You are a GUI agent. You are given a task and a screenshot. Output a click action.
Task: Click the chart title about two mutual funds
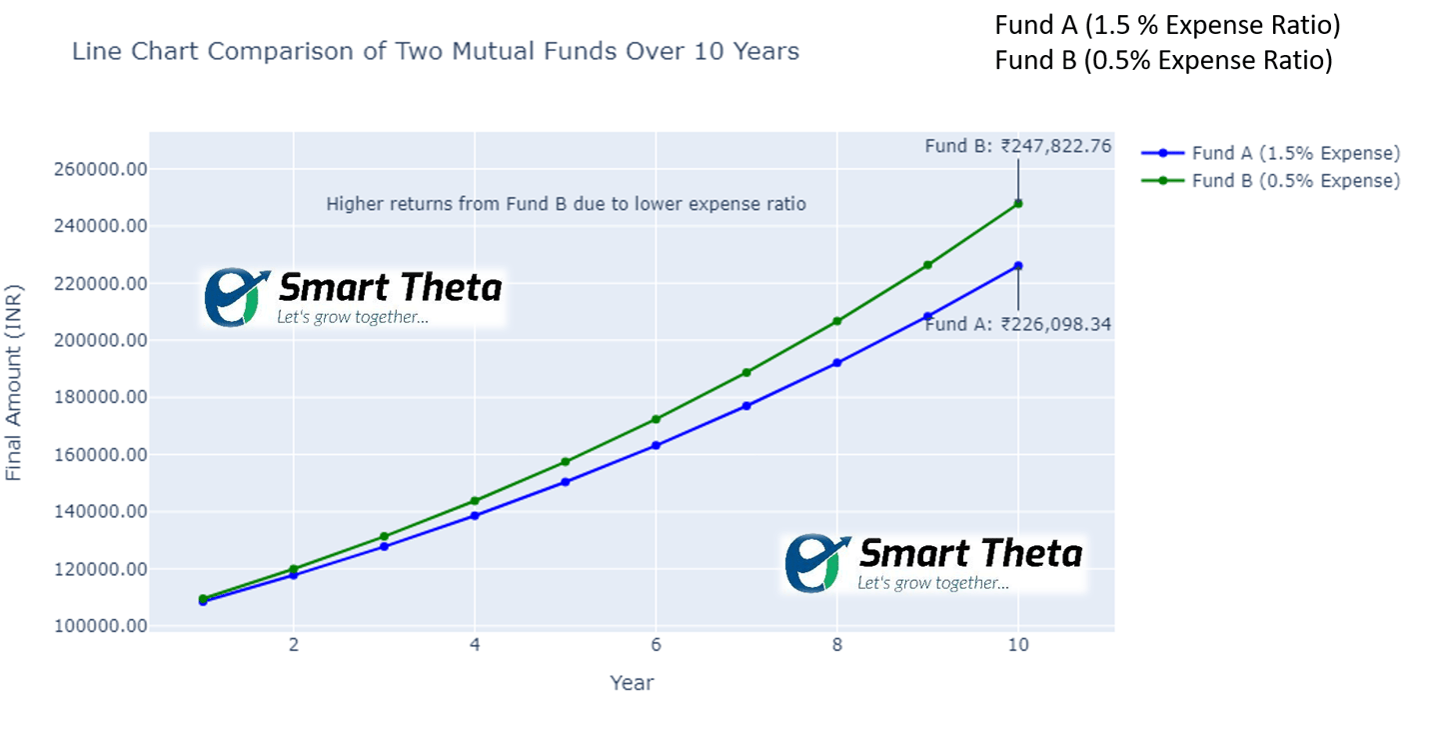[436, 51]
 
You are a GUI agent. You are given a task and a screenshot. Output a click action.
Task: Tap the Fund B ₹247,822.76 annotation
[1017, 146]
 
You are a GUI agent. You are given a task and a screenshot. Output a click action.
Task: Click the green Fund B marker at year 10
[1018, 203]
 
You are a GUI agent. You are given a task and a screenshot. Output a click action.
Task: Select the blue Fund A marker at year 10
[1018, 266]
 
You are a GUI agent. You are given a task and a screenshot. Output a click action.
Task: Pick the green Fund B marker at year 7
[746, 373]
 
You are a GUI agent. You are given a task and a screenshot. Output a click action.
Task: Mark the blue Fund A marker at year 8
[837, 363]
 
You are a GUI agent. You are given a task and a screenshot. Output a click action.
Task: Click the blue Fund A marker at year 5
[566, 482]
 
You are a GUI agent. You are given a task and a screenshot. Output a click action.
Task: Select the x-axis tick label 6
[657, 645]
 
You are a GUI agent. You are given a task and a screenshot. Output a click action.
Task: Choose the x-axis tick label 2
[294, 645]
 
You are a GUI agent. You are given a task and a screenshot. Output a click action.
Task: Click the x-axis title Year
[632, 683]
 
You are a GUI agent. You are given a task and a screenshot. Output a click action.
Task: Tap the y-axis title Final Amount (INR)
[14, 381]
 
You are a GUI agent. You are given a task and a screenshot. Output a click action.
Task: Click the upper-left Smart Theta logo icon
[236, 297]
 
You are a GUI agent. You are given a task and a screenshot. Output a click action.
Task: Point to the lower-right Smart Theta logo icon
[817, 563]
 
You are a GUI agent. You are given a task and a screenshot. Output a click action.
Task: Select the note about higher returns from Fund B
[566, 204]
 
